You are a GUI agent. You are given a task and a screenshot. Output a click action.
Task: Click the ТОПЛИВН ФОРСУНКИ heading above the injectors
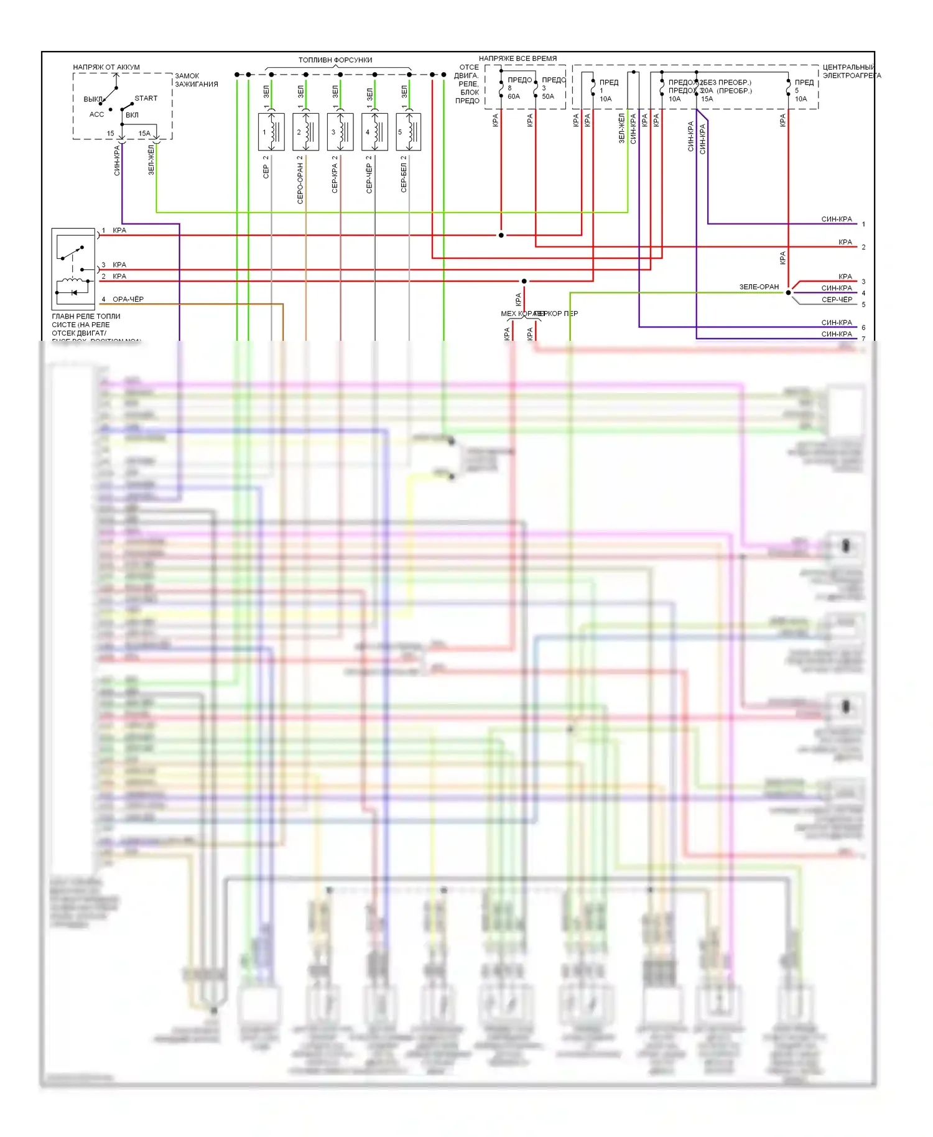tap(335, 60)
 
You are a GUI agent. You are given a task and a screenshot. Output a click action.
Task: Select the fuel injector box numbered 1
tap(271, 132)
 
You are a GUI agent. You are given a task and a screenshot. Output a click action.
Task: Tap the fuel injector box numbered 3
tap(340, 132)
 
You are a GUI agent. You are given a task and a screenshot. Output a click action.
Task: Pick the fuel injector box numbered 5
tap(409, 132)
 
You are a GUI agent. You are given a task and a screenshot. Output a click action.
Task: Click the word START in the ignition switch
tap(146, 98)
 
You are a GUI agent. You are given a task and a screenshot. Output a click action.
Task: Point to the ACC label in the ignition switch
tap(96, 114)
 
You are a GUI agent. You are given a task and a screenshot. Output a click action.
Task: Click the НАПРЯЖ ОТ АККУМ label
tap(106, 67)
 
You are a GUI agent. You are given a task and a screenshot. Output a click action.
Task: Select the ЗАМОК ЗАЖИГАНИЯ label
tap(196, 80)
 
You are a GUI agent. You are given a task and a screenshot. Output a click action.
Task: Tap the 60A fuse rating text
tap(514, 96)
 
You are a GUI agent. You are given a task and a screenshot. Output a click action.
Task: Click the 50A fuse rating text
tap(548, 96)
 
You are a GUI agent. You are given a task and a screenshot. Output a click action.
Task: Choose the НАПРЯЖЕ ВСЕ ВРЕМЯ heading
tap(518, 58)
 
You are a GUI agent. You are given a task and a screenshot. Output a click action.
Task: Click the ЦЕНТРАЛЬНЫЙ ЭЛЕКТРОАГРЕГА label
tap(851, 72)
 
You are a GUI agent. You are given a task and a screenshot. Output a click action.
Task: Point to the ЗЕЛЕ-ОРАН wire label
tap(759, 287)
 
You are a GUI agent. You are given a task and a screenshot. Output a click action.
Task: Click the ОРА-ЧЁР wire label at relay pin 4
tap(128, 299)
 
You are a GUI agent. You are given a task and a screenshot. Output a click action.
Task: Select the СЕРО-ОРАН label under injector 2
tap(300, 180)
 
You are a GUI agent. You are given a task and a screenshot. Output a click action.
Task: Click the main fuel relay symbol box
tap(73, 269)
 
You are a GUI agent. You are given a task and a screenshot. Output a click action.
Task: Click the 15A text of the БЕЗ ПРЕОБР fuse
tap(707, 99)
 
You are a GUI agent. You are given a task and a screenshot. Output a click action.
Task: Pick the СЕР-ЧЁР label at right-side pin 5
tap(837, 300)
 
